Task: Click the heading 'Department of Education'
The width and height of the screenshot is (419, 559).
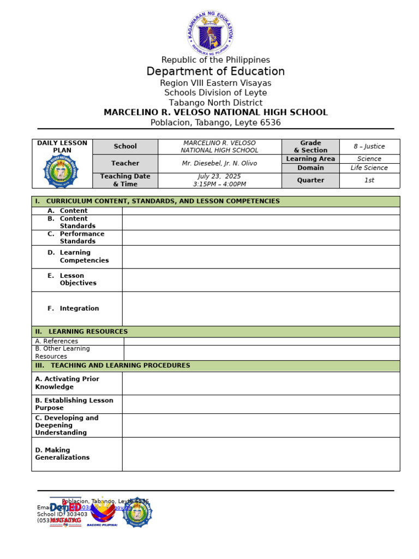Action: (216, 72)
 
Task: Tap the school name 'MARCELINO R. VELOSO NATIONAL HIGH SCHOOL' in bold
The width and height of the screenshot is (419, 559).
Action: (216, 112)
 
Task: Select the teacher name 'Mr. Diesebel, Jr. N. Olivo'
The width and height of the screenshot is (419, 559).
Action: (219, 163)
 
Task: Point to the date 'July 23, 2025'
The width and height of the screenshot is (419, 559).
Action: (219, 176)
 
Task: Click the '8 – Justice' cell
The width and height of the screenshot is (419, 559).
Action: (369, 146)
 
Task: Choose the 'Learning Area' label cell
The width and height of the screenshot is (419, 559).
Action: (310, 159)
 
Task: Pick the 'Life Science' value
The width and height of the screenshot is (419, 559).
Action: (369, 168)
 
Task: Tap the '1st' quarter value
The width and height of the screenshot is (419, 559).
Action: (369, 180)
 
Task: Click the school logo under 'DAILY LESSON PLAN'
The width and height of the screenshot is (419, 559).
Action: (61, 171)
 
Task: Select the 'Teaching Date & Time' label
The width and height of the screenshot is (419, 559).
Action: (125, 180)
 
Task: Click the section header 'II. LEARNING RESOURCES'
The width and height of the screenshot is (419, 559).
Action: (82, 331)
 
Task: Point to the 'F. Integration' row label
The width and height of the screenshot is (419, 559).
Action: (73, 308)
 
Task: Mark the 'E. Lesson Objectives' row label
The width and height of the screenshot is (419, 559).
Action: (72, 279)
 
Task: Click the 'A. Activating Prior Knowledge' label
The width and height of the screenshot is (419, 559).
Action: (67, 383)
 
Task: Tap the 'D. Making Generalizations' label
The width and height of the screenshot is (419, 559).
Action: (62, 454)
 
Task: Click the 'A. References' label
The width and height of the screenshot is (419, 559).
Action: (57, 341)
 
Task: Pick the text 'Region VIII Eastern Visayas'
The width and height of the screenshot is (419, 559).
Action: (216, 83)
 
